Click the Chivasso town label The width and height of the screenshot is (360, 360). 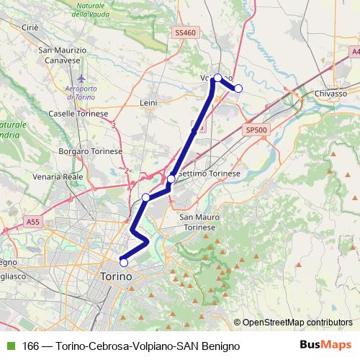coord(331,94)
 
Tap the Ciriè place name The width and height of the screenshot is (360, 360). coord(30,27)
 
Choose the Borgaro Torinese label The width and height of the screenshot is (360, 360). coord(90,152)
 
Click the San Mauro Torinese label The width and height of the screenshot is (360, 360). coord(197,222)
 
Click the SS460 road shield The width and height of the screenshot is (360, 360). coord(185,33)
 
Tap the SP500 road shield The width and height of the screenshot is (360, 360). coord(256,130)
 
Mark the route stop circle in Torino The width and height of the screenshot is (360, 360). coord(123,262)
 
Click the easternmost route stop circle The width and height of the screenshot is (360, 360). coord(238,89)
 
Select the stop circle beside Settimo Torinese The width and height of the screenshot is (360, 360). coord(171,179)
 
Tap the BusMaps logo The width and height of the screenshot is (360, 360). coord(325,345)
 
